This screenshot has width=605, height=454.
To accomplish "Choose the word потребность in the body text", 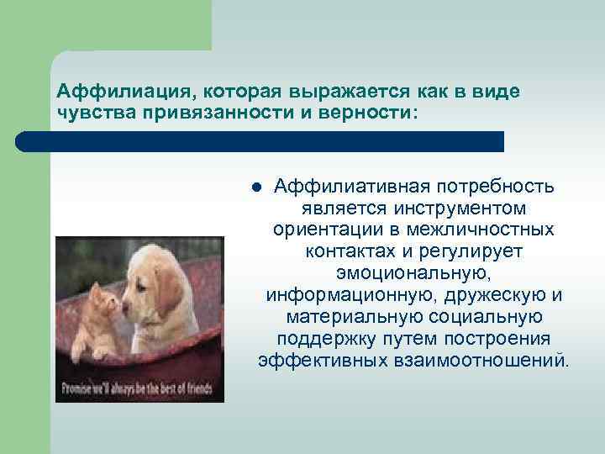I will [x=495, y=185].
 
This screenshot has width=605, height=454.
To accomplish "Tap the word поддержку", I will [x=320, y=339].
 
